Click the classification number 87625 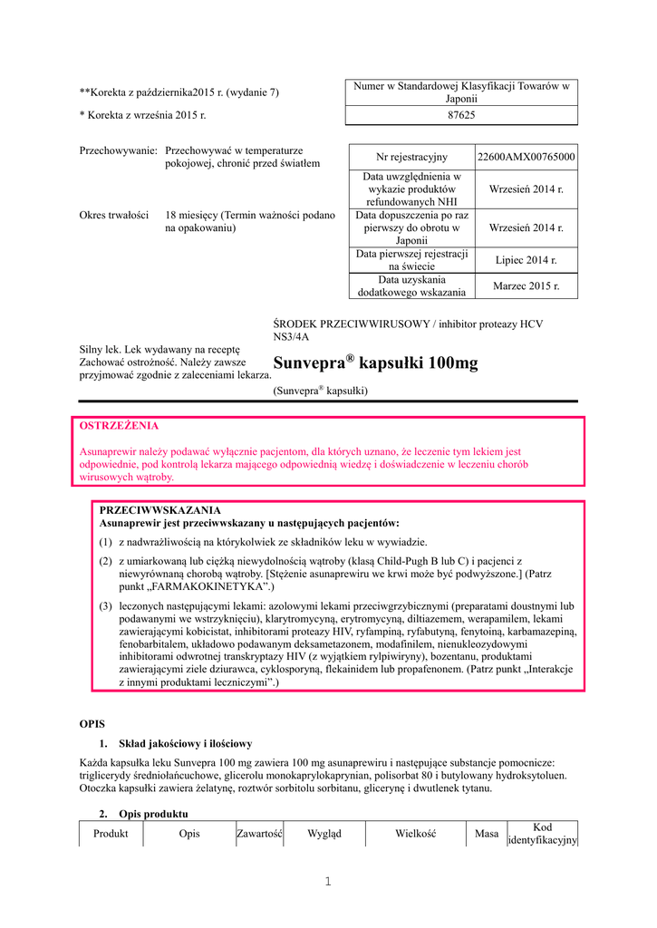coord(461,115)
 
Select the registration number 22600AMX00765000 coord(526,157)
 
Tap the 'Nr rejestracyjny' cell coord(412,157)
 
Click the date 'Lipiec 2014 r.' coord(526,260)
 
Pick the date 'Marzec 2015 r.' coord(526,286)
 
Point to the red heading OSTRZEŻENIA coord(120,424)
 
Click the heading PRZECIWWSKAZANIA coord(159,510)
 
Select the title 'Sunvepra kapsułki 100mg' coord(375,363)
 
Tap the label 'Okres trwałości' coord(114,216)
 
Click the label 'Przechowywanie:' coord(119,150)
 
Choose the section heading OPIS coord(93,724)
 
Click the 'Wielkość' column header coord(416,834)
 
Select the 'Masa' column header coord(487,834)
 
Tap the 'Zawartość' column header coord(260,834)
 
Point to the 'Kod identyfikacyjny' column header coord(542,834)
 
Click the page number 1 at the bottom coord(328,883)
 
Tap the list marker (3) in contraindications coord(106,605)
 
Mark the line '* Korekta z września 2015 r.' coord(142,115)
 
